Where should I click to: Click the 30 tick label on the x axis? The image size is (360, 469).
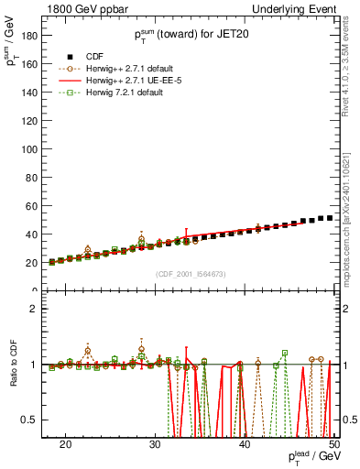tap(156, 442)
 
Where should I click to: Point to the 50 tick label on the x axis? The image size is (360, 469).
tap(334, 442)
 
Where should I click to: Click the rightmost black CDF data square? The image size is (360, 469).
tap(330, 218)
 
